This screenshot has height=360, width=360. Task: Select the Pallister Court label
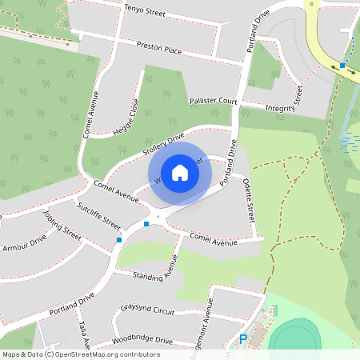214,102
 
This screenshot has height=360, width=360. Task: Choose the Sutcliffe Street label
98,214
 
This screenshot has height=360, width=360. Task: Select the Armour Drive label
25,243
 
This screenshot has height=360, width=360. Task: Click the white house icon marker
180,173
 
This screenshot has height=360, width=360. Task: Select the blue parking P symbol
243,339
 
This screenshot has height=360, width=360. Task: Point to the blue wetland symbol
350,142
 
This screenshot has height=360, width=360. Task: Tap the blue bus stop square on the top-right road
342,65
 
